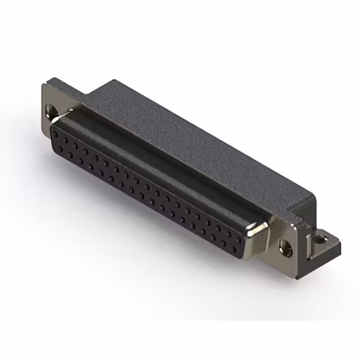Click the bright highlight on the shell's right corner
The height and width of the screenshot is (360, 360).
coord(260,227)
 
